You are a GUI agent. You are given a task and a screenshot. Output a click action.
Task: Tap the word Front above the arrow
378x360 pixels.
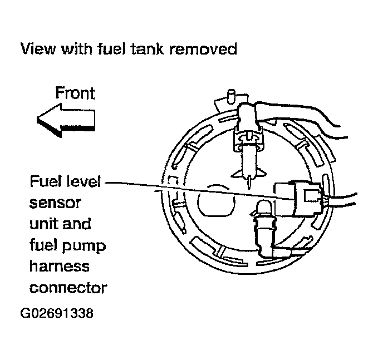click(75, 92)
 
